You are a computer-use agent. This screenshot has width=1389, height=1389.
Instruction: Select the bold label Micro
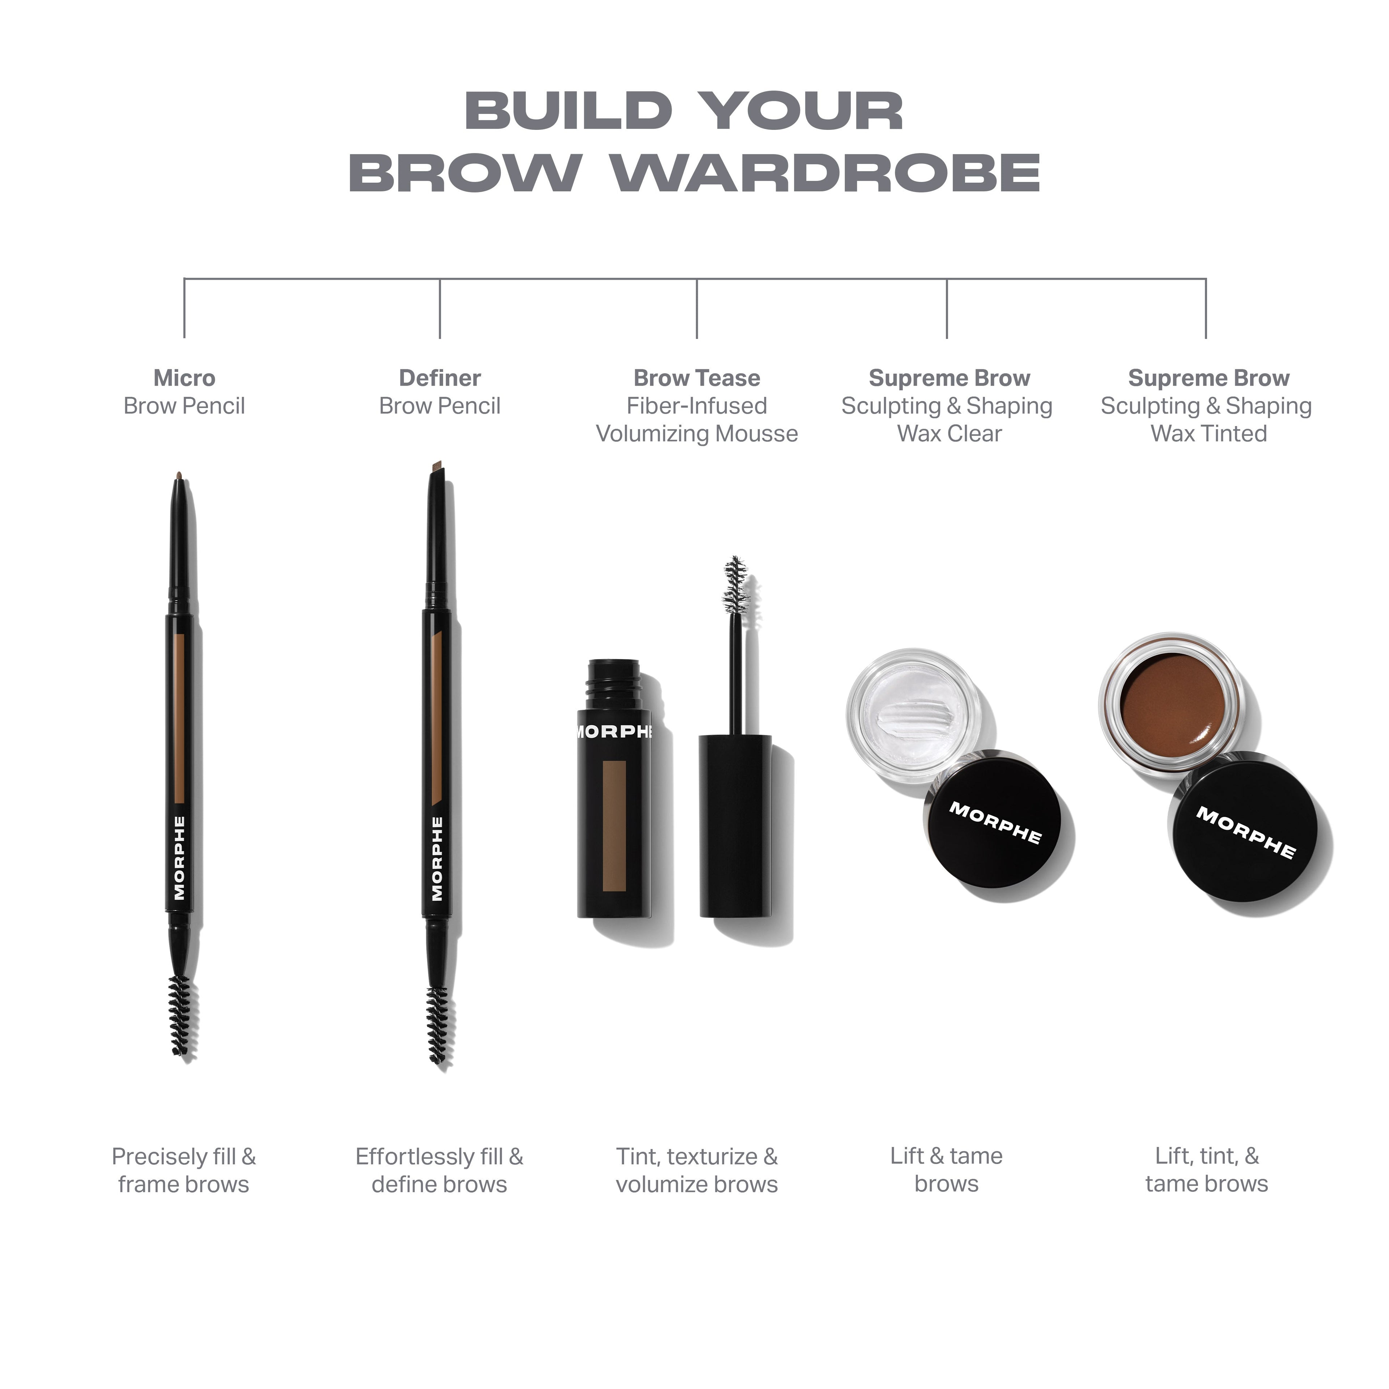184,378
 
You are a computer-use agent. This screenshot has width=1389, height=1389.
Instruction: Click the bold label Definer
439,378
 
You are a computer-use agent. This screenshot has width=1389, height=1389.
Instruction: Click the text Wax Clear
949,434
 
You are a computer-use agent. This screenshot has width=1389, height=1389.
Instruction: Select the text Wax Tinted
1209,434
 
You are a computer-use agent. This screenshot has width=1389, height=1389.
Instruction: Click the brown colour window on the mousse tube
614,825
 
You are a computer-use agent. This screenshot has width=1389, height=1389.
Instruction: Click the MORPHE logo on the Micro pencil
179,858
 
